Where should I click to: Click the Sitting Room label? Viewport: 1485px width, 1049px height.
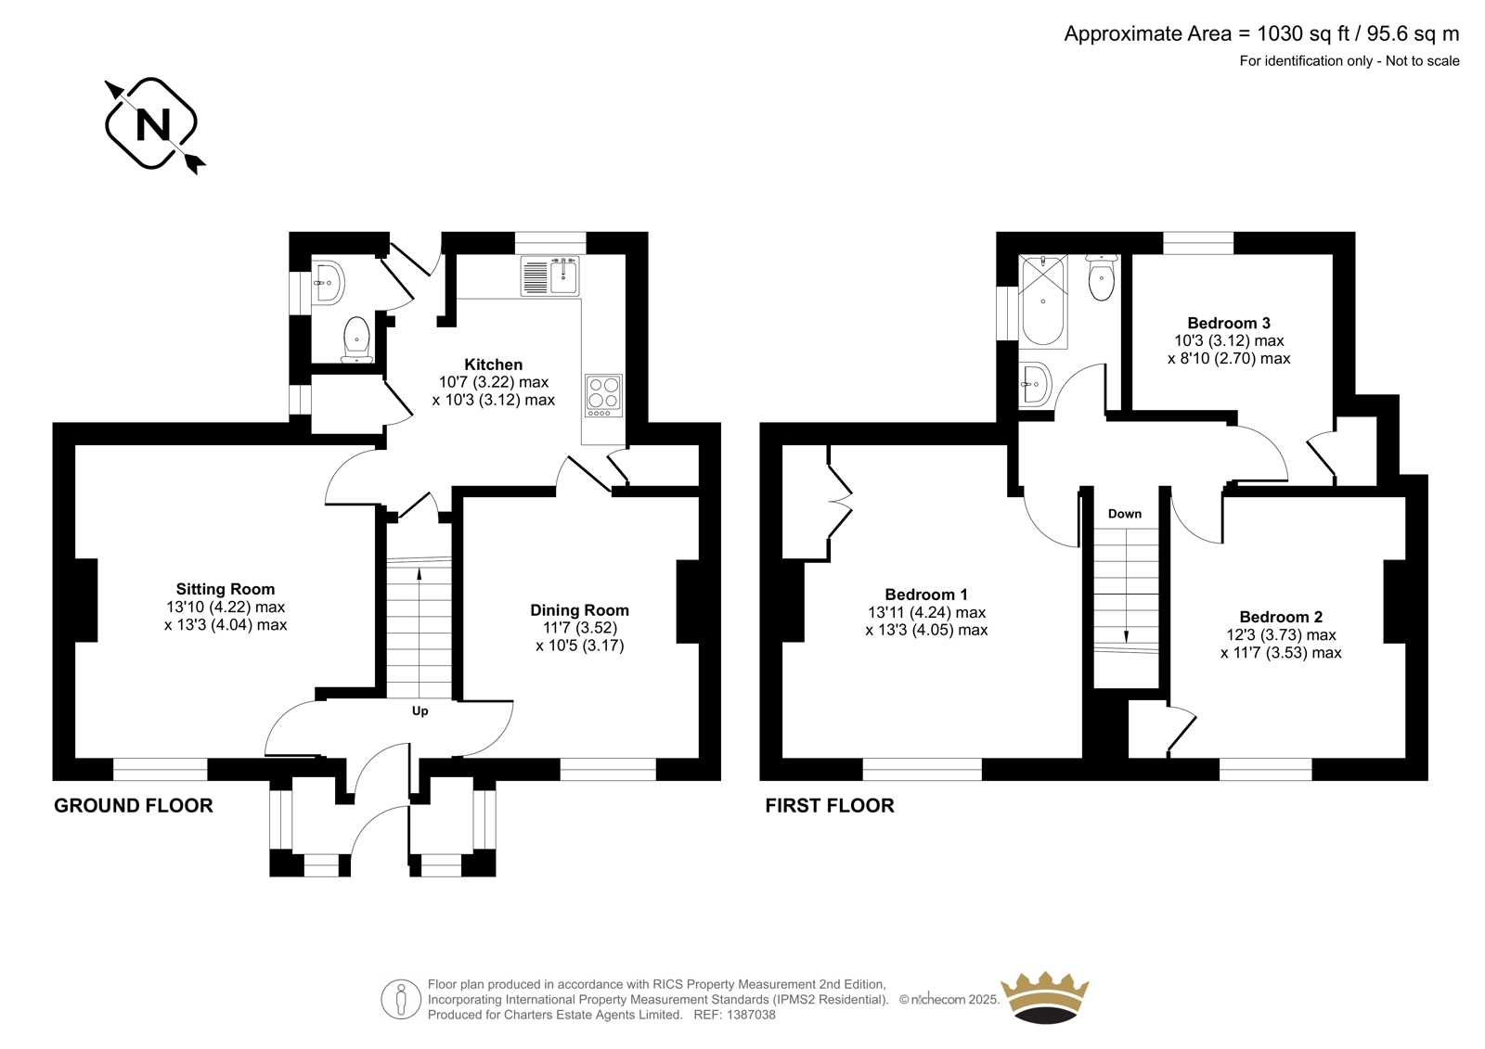coord(226,589)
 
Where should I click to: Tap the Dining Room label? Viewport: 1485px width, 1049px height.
coord(579,610)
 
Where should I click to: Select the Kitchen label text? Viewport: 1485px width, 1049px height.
coord(493,365)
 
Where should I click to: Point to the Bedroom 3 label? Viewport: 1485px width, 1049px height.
coord(1229,324)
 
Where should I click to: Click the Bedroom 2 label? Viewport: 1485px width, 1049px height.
coord(1281,617)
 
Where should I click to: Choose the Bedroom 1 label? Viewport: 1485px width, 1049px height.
coord(926,595)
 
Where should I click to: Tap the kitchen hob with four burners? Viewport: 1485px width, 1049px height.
coord(604,396)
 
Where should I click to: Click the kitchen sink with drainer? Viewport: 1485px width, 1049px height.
coord(549,276)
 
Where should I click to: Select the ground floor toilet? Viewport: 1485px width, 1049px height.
coord(356,339)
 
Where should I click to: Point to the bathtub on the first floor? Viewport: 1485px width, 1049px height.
coord(1043,301)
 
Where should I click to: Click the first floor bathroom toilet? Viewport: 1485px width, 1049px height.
coord(1101,277)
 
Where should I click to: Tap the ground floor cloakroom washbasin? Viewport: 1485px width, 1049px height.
coord(329,283)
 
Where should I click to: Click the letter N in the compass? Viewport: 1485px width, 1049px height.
coord(152,124)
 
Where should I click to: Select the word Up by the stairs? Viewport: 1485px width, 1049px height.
coord(420,711)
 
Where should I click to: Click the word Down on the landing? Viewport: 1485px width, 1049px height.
coord(1125,514)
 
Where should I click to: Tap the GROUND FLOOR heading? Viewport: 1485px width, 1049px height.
coord(134,806)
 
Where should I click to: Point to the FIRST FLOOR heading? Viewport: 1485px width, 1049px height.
coord(830,806)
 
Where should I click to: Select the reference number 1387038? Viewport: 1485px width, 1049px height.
coord(750,1015)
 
